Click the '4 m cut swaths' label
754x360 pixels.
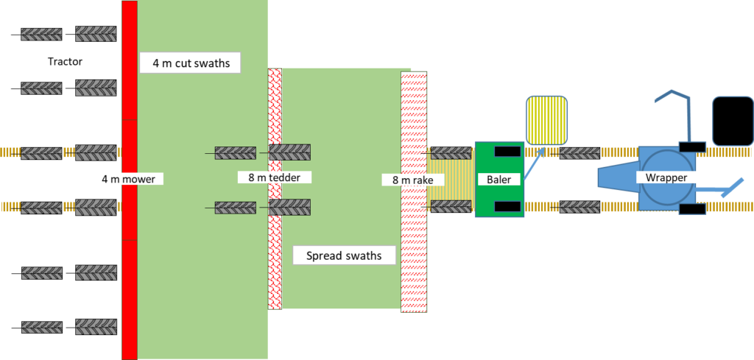pyautogui.click(x=191, y=63)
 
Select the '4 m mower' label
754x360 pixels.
pyautogui.click(x=127, y=178)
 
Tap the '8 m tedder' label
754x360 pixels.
pyautogui.click(x=274, y=177)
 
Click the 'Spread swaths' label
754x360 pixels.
pyautogui.click(x=344, y=255)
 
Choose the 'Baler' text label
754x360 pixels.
pyautogui.click(x=498, y=179)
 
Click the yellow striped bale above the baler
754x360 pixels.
pyautogui.click(x=546, y=120)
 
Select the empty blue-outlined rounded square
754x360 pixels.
pyautogui.click(x=733, y=121)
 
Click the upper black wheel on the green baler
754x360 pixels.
pyautogui.click(x=506, y=152)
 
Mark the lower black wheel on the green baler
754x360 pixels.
pyautogui.click(x=506, y=206)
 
